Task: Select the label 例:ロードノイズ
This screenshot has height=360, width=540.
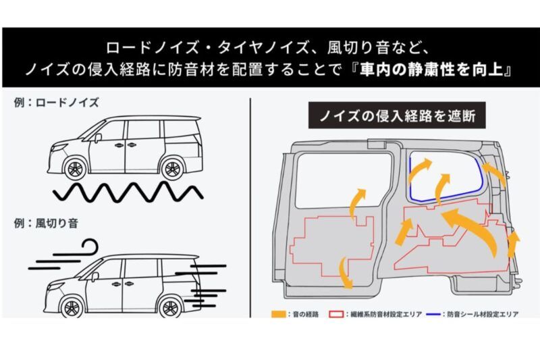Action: coord(56,103)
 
